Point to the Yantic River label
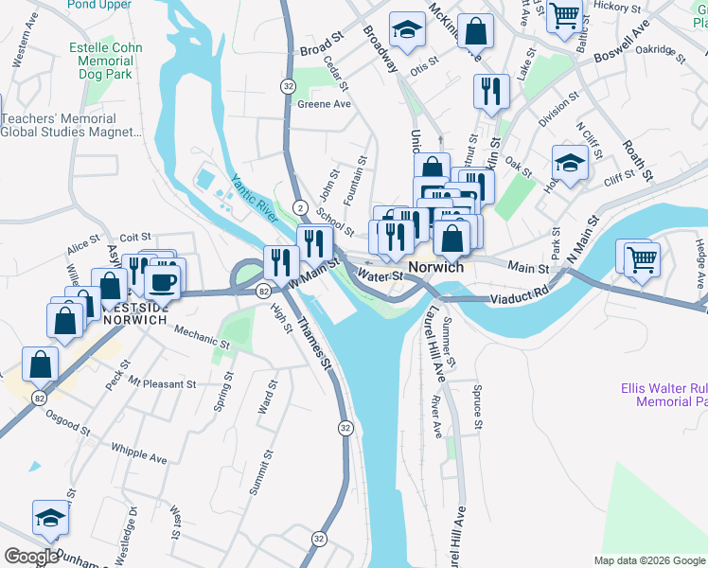[x=253, y=198]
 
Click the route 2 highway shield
[x=299, y=206]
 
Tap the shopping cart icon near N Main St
[x=641, y=257]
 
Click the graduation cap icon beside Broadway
[x=407, y=31]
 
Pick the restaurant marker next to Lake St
[x=490, y=91]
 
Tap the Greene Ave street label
[x=324, y=105]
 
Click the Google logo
[x=31, y=557]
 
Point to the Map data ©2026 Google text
[x=648, y=560]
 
